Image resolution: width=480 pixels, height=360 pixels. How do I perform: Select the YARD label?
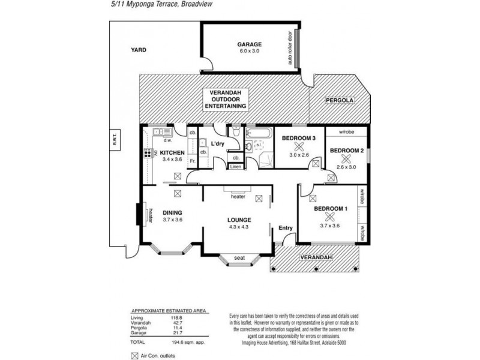[x=139, y=50]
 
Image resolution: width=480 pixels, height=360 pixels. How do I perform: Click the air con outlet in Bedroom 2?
[x=345, y=159]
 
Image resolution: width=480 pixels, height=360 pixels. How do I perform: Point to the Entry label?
[x=285, y=227]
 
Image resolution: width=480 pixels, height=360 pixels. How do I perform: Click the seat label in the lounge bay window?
[x=239, y=258]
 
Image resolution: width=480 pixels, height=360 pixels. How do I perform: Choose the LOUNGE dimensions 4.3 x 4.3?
[x=239, y=227]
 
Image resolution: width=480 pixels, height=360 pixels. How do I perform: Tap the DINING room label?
[x=172, y=212]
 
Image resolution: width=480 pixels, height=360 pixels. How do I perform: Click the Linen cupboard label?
[x=236, y=167]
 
